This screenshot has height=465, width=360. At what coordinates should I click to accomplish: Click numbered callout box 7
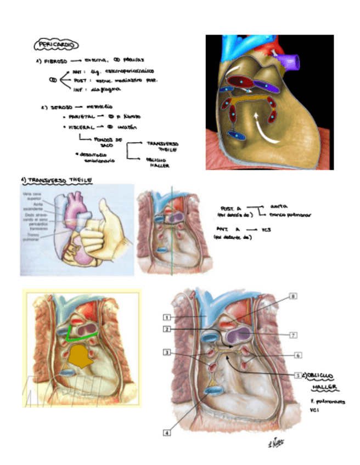(293, 334)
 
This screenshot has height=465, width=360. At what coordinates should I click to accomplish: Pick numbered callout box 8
(293, 297)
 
